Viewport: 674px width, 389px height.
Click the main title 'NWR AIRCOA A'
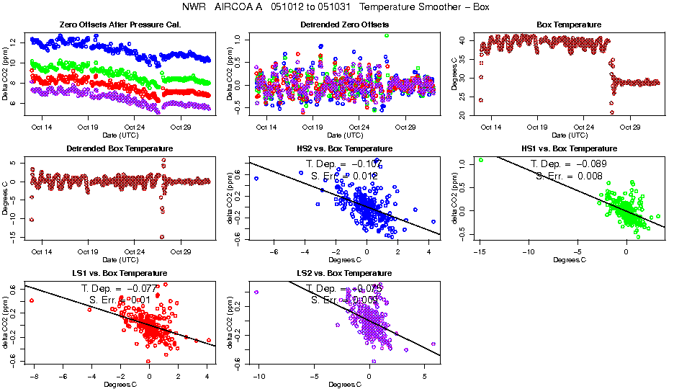[x=214, y=7]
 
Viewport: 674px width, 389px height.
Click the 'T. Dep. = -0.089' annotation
[x=568, y=164]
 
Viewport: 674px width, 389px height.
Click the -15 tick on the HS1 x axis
[x=480, y=252]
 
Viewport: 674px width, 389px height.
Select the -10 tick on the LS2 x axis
[x=258, y=377]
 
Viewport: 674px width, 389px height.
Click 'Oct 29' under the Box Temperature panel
[x=631, y=128]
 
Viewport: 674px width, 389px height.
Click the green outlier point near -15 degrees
[x=480, y=160]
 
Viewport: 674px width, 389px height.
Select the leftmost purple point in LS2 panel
[x=256, y=292]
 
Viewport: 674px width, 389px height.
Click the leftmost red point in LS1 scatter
[x=32, y=300]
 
